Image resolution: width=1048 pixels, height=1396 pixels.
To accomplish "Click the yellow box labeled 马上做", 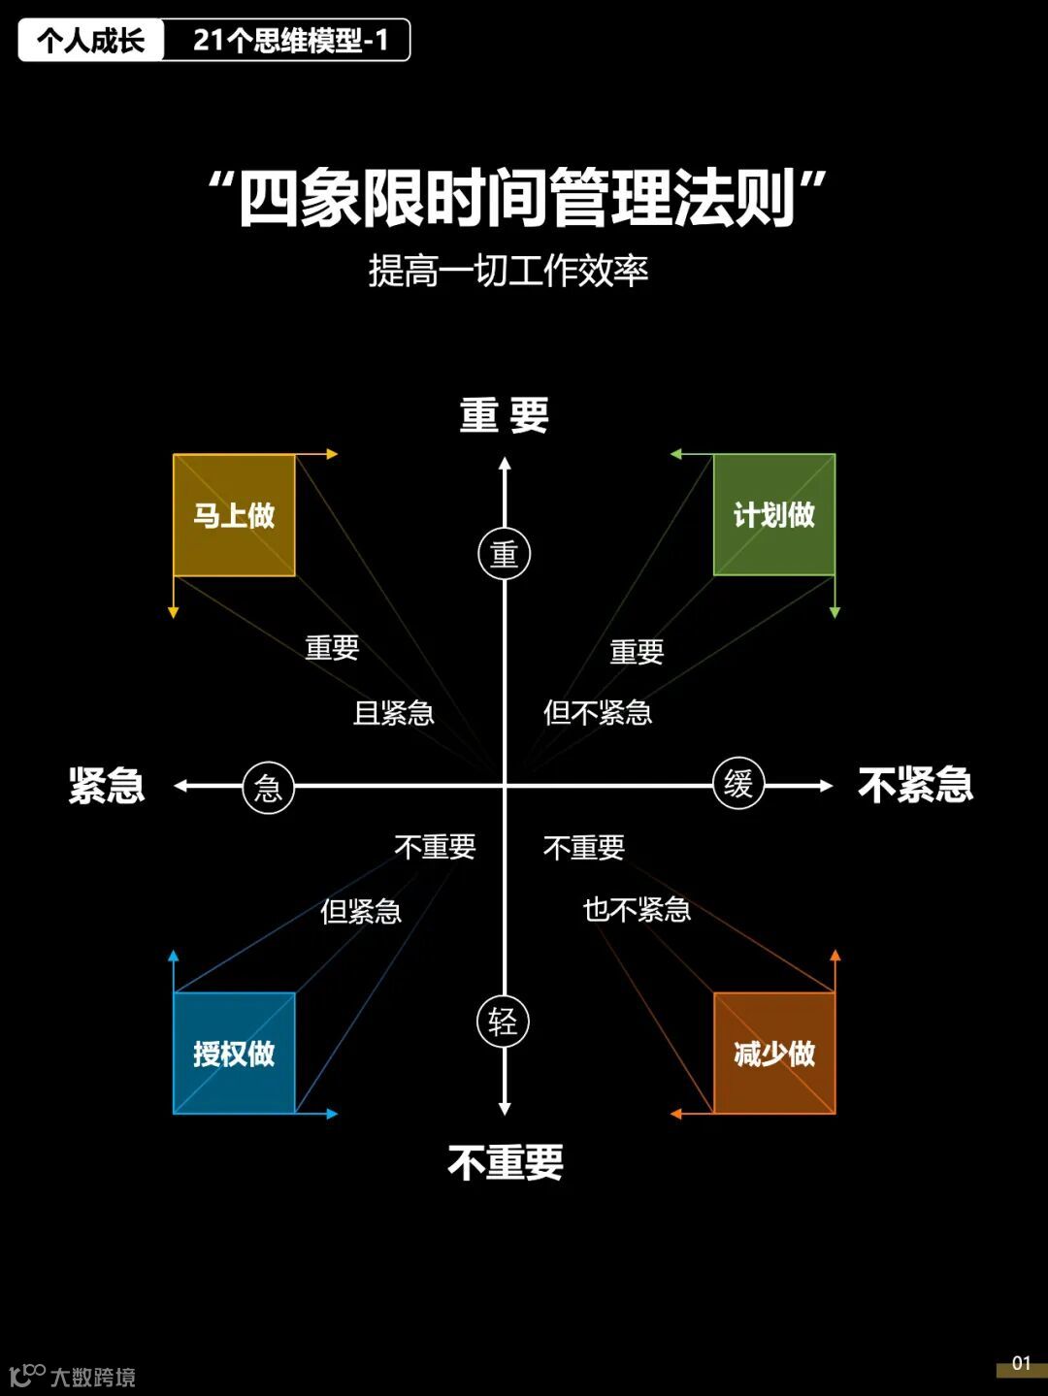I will click(234, 515).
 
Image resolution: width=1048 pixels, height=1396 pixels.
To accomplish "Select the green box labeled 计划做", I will click(773, 515).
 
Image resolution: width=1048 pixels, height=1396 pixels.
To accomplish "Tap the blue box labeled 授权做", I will click(234, 1054).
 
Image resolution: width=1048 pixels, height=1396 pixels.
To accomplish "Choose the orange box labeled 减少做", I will click(773, 1054).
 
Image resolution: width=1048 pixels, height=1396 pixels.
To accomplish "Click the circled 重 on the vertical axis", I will click(505, 554).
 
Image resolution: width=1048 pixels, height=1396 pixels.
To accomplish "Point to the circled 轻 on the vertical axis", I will click(503, 1021).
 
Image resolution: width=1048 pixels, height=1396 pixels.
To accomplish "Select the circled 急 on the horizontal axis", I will click(268, 787).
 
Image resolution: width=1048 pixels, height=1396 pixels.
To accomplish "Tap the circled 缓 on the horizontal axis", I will click(738, 784).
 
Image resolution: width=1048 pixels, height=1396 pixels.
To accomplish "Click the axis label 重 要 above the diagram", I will click(505, 415).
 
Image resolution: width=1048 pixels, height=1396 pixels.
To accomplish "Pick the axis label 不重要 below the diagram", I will click(506, 1161).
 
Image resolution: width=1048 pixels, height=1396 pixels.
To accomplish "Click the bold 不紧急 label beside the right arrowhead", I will click(915, 785).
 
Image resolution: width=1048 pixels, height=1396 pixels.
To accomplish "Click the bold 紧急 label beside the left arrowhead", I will click(107, 785).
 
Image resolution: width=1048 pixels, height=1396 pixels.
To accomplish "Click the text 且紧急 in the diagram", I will click(393, 713).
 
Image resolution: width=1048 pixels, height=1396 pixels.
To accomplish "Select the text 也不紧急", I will click(637, 910).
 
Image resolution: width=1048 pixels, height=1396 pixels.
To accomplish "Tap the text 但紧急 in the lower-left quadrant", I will click(361, 911).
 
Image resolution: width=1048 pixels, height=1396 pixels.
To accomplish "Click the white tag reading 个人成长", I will click(91, 40).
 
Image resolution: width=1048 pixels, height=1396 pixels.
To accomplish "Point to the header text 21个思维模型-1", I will click(290, 40).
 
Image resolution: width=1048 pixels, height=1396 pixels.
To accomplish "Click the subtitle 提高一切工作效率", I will click(508, 271).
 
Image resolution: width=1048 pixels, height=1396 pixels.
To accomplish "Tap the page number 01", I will click(1021, 1363).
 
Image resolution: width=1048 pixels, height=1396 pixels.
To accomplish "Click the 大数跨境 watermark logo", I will click(73, 1376).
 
